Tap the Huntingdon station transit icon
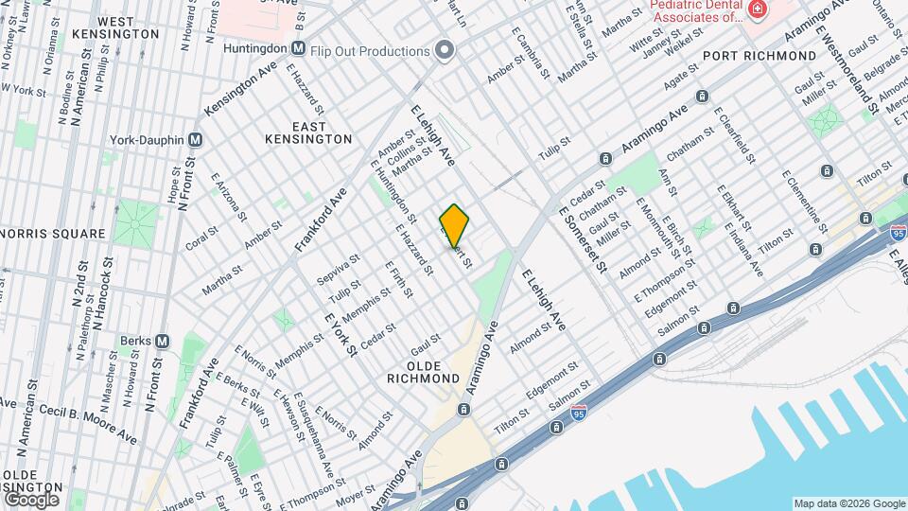coord(298,48)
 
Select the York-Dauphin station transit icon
coord(196,139)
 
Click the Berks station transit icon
coord(162,341)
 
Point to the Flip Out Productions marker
coord(444,51)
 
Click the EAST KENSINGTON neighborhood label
coord(309,132)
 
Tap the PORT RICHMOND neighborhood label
coord(753,57)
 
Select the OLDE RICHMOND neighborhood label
coord(423,372)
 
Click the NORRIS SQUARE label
coord(53,234)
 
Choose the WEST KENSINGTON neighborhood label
coord(129,27)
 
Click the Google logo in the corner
coord(31,499)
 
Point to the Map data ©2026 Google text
coord(849,503)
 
